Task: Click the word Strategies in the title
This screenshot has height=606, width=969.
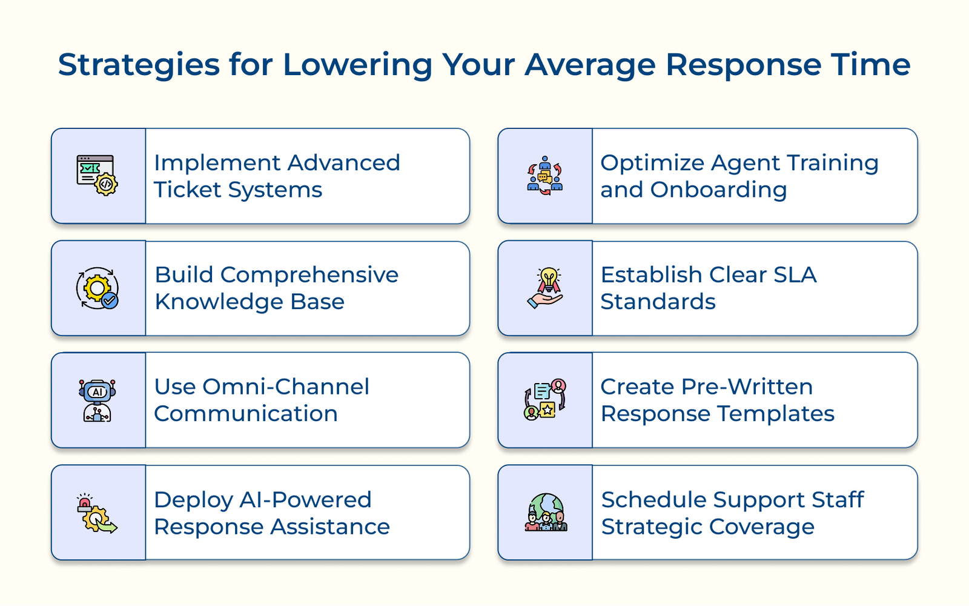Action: tap(139, 65)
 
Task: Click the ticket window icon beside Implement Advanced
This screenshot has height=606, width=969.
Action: tap(98, 175)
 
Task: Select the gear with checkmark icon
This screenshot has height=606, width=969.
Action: tap(98, 288)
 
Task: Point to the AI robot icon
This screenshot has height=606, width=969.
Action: tap(98, 400)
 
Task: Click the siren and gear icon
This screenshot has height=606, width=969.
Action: tap(97, 513)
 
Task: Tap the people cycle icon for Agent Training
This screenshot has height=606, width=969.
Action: tap(544, 176)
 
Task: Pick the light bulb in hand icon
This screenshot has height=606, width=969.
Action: tap(546, 288)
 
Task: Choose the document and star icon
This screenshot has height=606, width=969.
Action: tap(545, 400)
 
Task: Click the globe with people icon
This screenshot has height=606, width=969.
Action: tap(546, 513)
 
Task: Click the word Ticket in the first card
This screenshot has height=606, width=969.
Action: tap(187, 190)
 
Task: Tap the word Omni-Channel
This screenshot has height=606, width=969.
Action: tap(285, 387)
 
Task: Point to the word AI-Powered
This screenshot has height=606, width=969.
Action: tap(305, 500)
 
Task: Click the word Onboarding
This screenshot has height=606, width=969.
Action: tap(718, 190)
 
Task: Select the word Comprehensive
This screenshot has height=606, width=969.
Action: tap(309, 275)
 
